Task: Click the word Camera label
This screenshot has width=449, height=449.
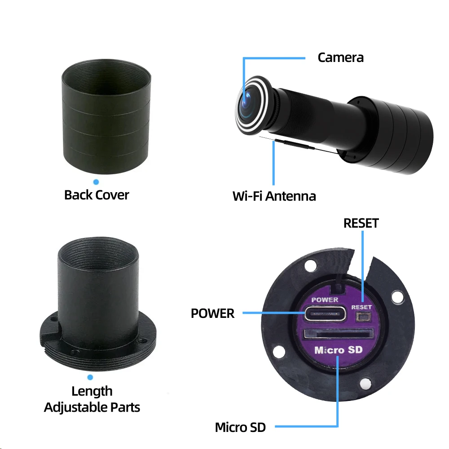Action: pos(340,57)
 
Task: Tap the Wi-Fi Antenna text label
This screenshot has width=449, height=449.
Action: pos(274,196)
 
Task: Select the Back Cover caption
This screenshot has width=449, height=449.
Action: pos(97,195)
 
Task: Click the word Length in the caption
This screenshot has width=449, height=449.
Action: pos(92,391)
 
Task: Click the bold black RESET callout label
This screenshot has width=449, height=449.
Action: pos(361,223)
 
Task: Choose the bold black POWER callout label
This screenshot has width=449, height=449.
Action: pos(212,313)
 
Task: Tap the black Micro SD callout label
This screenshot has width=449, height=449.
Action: pos(240,427)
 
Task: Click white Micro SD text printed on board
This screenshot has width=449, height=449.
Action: pos(338,350)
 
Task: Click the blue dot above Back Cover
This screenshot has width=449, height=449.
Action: pos(96,182)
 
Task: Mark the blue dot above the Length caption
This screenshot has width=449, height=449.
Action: pos(90,378)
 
